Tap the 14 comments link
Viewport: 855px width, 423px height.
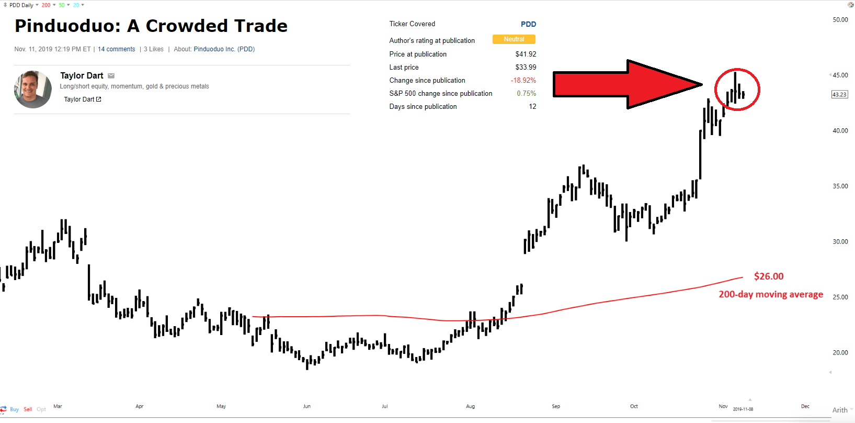117,49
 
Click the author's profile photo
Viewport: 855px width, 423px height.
33,89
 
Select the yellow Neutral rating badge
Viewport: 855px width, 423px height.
514,39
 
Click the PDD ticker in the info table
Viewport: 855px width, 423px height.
528,24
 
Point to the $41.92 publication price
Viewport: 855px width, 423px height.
526,54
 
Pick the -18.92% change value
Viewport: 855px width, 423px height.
523,81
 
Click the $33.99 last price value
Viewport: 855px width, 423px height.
526,67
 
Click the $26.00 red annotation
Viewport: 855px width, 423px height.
768,276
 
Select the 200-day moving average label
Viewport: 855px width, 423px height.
771,294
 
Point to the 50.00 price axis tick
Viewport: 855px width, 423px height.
840,20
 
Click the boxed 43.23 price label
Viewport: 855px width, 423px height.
839,94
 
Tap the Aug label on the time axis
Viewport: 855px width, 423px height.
470,406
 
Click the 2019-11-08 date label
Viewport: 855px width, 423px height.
743,409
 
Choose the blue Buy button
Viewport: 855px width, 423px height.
15,409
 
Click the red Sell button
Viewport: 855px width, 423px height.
28,409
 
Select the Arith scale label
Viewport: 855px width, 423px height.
840,410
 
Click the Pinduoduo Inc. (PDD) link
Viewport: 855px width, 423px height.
224,49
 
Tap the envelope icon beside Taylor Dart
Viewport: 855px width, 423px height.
111,76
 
